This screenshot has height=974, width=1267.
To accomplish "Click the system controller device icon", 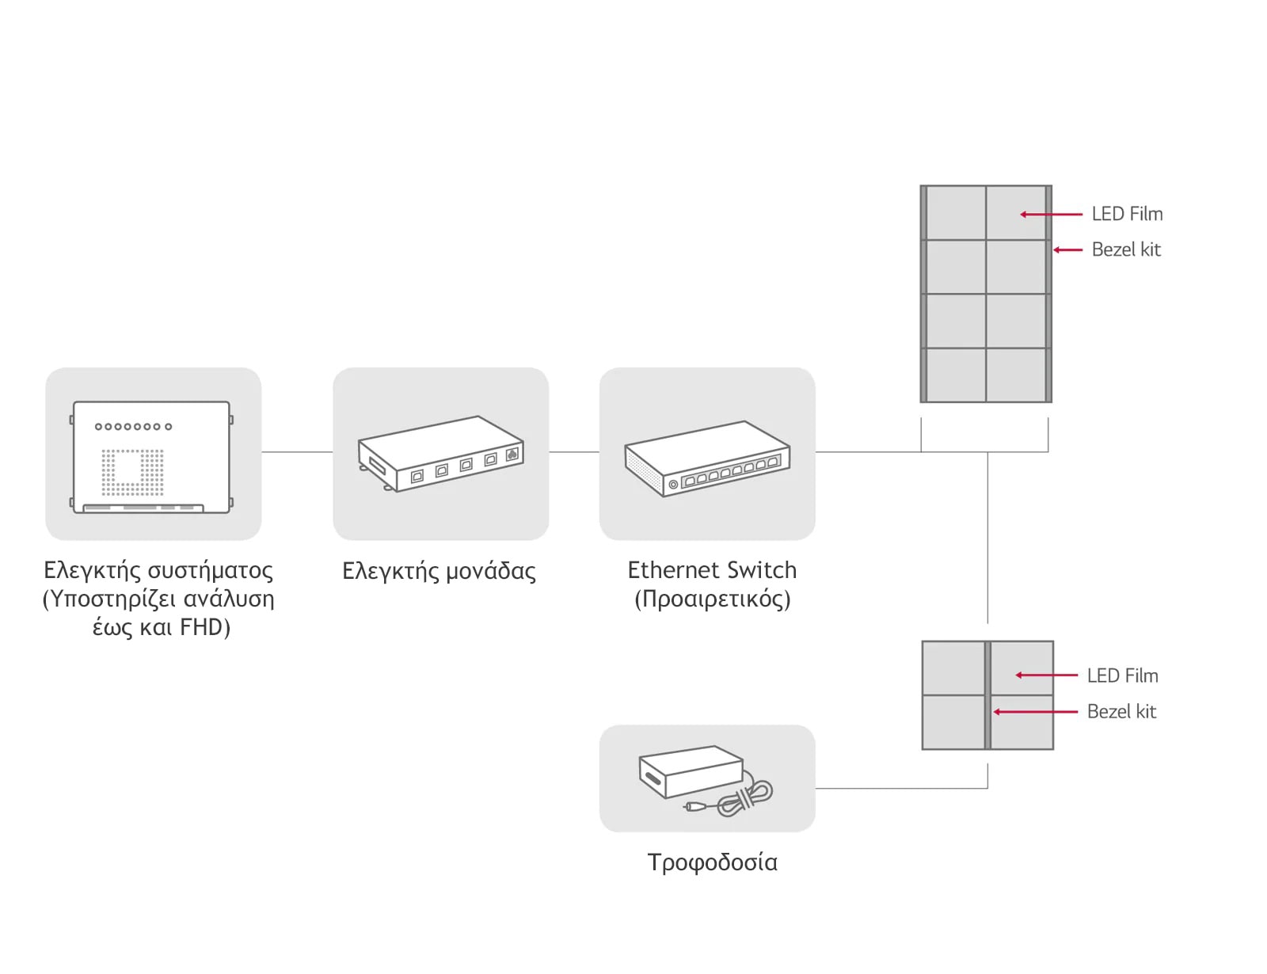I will coord(151,458).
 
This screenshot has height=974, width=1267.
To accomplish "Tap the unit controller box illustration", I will coord(440,454).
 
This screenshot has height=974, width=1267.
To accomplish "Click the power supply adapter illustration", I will coord(691,773).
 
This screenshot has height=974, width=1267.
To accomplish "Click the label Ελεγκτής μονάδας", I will coord(439,571).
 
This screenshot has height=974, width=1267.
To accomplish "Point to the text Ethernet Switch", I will coord(711,570).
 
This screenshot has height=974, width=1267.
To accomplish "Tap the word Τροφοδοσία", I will coord(712,862).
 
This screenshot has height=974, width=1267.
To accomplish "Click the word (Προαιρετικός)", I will coord(712,599).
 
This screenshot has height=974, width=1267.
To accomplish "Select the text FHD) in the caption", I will coord(205,627).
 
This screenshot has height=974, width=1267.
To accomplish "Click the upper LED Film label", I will coord(1126,214).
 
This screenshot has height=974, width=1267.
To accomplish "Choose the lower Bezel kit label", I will coord(1121,711).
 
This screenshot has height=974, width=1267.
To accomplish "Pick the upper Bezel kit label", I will coord(1125,249).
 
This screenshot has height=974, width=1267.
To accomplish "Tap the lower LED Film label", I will coord(1121,675).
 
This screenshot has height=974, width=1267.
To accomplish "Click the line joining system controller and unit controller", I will coord(297,452).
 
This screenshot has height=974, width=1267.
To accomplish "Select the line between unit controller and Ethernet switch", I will coord(573,452).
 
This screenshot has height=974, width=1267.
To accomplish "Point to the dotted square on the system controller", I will coord(132,473).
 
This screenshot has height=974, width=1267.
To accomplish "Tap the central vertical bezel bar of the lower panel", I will coord(987,695).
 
